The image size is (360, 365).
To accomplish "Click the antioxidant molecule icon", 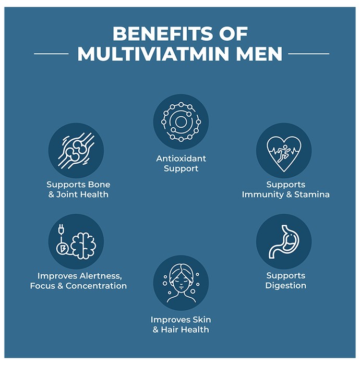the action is point(181,121).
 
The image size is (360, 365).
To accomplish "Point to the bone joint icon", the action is point(76,151).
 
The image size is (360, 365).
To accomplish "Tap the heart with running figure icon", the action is point(284,154).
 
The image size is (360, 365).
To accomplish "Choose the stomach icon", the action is point(284,241).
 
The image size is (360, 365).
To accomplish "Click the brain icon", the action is point(83,246).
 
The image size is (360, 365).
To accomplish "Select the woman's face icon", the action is point(181,283).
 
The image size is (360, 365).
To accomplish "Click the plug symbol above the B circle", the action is point(61,229).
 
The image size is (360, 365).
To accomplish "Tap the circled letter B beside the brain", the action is point(62,249).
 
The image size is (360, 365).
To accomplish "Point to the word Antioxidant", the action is point(181,159).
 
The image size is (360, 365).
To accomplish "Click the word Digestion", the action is point(286,286).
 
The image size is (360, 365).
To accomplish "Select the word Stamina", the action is point(312,194).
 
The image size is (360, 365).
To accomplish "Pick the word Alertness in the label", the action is point(101,276).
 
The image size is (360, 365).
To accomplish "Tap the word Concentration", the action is point(96,286).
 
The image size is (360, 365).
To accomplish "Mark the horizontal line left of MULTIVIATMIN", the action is point(51,54).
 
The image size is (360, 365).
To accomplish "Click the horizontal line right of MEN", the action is point(308,54).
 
